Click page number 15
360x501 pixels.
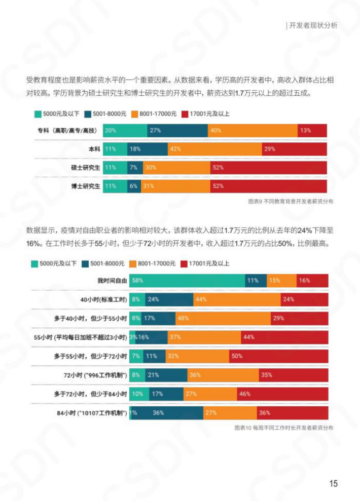click(333, 483)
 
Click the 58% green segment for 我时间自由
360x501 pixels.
click(187, 280)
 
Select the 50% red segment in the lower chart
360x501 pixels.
click(278, 356)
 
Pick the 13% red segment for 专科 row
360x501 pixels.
click(312, 130)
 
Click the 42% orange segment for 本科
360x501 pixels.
click(214, 149)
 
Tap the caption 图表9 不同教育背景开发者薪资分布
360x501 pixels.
click(291, 201)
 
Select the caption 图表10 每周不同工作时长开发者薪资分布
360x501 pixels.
click(284, 428)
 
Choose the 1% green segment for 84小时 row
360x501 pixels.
click(130, 413)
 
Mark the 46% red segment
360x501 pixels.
click(282, 394)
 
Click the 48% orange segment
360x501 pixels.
click(223, 318)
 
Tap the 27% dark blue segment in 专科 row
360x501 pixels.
click(177, 130)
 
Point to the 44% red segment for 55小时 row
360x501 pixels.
click(284, 337)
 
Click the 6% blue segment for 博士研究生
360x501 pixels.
click(134, 186)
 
